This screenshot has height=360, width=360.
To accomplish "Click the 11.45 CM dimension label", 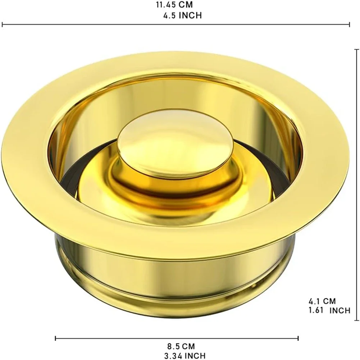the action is point(174,5).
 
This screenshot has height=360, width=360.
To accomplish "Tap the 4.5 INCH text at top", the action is point(183,15).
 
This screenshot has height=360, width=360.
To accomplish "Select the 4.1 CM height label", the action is point(322,301).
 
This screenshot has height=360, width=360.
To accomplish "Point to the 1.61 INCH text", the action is point(329,310).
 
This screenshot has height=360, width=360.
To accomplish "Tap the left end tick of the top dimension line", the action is point(2,24).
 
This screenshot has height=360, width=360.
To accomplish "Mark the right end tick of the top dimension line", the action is point(350,24).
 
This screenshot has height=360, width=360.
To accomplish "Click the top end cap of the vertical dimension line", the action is point(356,49).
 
